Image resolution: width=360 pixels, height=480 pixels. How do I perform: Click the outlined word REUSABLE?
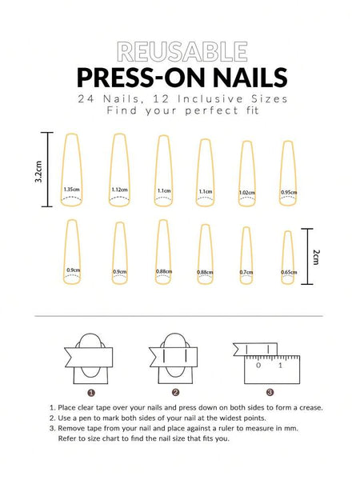180,53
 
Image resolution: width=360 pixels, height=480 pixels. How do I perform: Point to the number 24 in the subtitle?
86,98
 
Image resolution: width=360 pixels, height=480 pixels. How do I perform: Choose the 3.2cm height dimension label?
38,170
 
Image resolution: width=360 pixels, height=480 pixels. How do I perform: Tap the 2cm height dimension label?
316,256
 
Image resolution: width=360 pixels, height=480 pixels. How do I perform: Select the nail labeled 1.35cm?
70,170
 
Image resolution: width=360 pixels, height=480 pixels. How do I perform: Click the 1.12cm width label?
119,190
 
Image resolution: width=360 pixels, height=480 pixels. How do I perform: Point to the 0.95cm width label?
288,192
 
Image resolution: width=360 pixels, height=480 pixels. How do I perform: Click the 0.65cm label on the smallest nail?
288,272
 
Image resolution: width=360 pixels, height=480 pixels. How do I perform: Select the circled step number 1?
91,392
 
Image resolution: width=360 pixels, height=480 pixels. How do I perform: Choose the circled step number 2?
174,392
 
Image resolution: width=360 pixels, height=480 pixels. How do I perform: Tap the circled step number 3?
270,392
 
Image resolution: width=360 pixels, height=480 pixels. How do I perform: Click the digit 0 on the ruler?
258,365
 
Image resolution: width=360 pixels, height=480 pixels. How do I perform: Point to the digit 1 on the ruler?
279,365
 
